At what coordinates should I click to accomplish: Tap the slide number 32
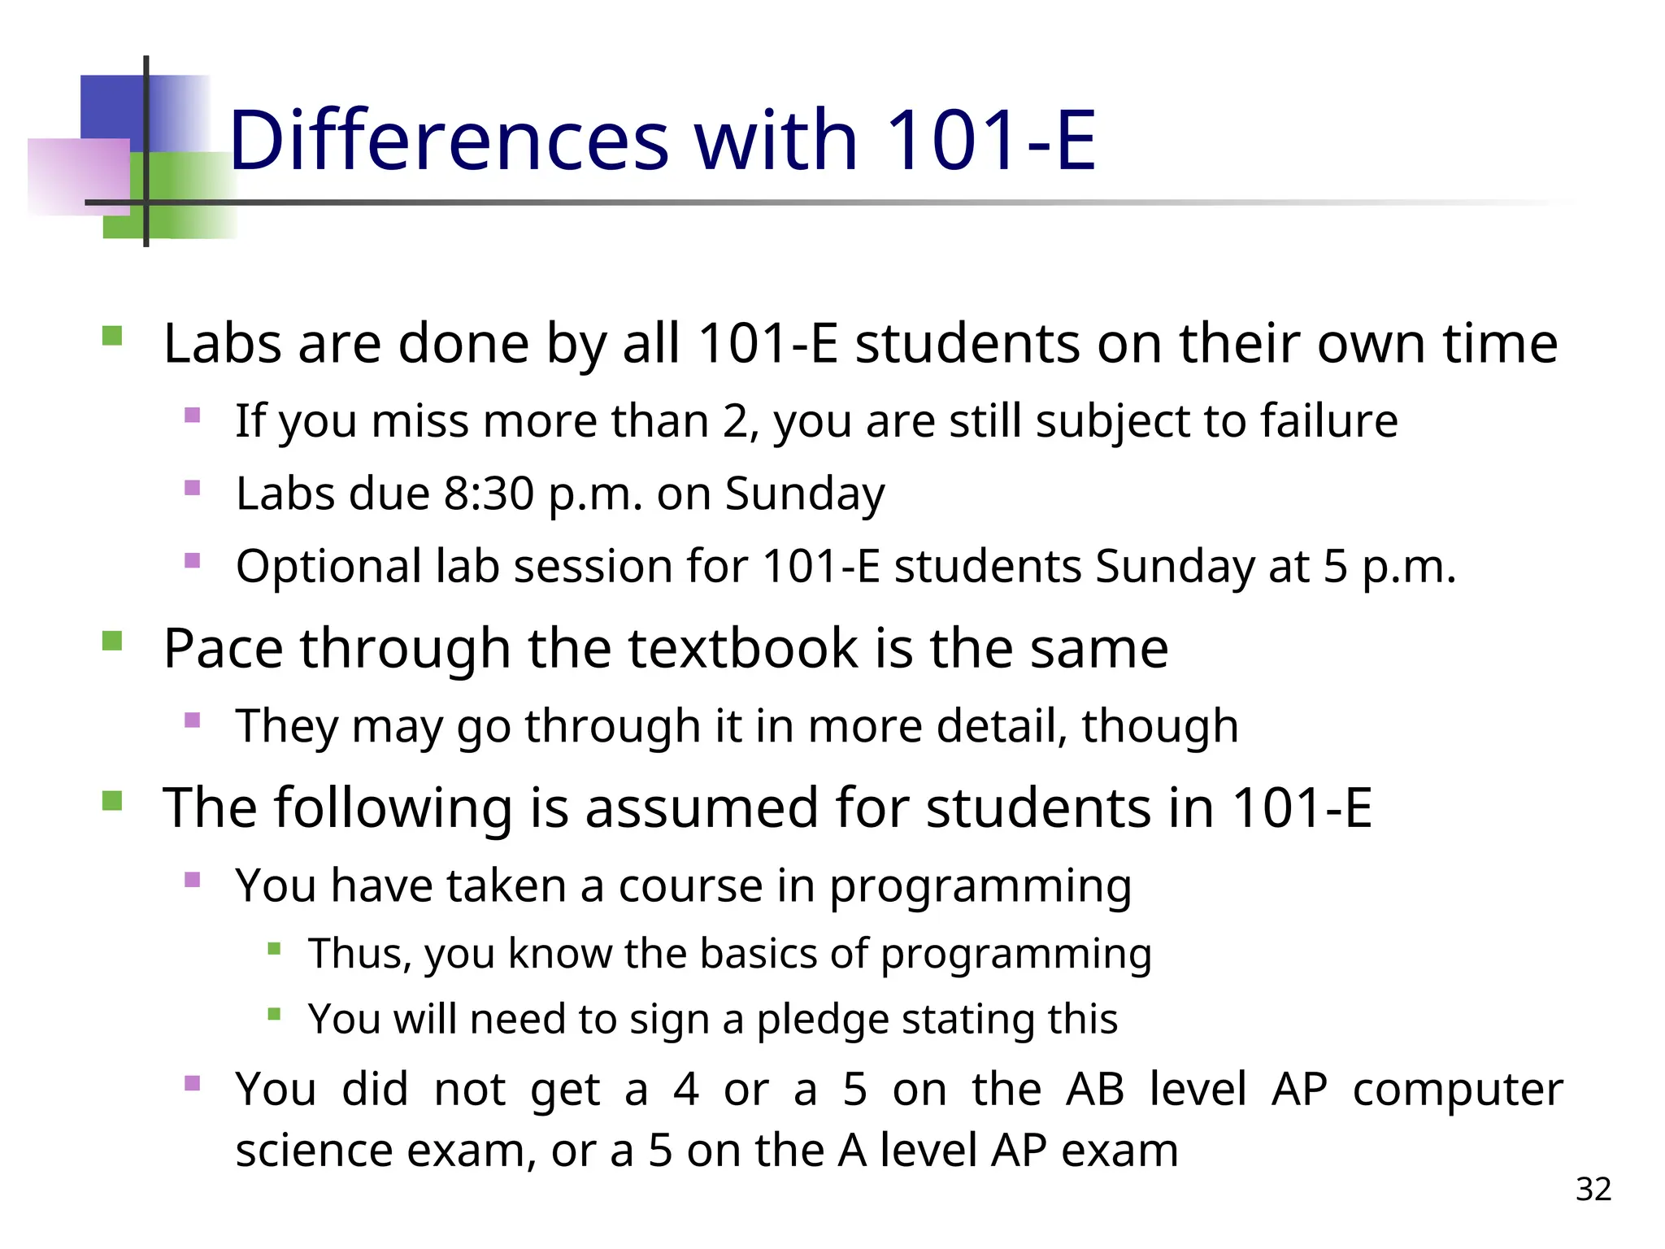(1593, 1190)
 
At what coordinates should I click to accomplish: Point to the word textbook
(743, 648)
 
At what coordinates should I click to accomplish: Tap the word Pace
(224, 648)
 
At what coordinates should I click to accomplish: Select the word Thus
(359, 953)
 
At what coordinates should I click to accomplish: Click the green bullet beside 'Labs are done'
(112, 336)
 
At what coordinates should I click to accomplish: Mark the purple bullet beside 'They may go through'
(193, 720)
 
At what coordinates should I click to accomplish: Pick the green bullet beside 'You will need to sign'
(274, 1014)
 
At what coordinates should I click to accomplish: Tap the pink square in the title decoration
(77, 176)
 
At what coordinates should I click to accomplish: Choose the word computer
(1457, 1089)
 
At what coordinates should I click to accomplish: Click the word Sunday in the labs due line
(804, 494)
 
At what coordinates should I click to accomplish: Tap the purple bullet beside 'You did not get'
(193, 1083)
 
